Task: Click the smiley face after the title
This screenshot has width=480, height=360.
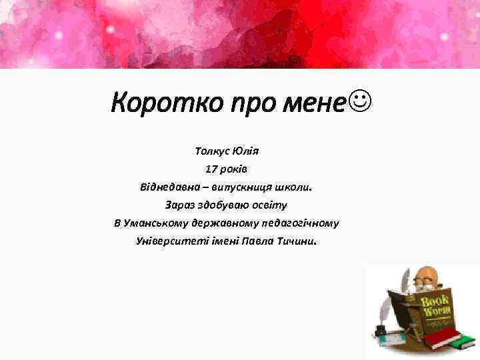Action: click(x=359, y=102)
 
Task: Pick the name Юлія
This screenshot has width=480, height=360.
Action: click(x=248, y=151)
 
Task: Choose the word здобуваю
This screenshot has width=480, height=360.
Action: click(x=227, y=205)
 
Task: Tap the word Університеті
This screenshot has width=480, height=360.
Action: click(x=166, y=241)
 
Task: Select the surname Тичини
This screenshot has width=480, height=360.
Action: click(x=297, y=241)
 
